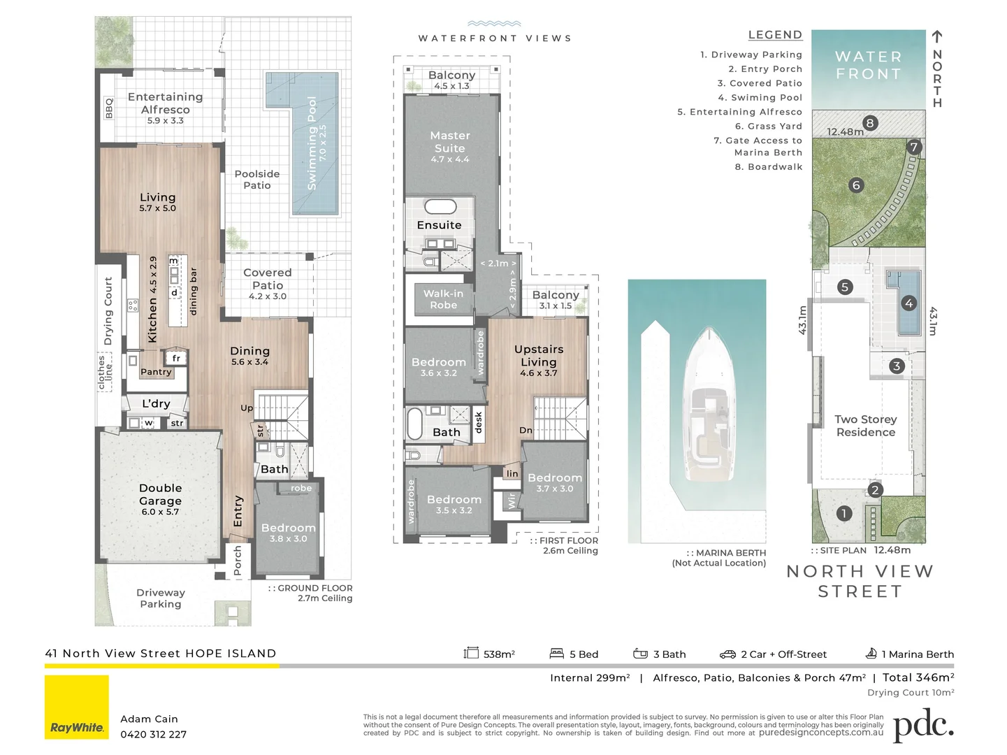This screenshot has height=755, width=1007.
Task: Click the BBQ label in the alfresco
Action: click(109, 108)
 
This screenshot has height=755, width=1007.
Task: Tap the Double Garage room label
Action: click(160, 494)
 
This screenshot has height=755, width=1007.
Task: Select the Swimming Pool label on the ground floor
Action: click(312, 143)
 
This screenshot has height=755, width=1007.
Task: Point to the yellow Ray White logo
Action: click(77, 707)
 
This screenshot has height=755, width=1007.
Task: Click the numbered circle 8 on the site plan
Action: click(870, 123)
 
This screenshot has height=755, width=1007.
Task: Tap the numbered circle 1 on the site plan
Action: click(844, 513)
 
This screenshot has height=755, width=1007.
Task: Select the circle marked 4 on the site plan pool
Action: click(909, 303)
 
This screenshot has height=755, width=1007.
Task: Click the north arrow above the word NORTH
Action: click(937, 37)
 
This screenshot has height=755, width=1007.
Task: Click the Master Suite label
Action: click(450, 142)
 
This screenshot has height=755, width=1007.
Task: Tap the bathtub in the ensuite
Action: click(440, 206)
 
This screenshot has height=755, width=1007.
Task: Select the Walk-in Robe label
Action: click(443, 299)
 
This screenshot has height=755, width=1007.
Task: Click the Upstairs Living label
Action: click(539, 356)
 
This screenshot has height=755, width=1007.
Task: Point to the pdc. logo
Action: click(923, 725)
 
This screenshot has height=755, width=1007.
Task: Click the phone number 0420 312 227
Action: click(153, 734)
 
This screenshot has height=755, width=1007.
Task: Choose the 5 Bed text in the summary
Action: click(584, 654)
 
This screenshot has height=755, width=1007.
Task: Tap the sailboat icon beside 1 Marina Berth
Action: click(871, 653)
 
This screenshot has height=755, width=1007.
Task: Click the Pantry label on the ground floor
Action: click(156, 372)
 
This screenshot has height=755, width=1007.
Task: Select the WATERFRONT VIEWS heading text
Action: click(495, 38)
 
